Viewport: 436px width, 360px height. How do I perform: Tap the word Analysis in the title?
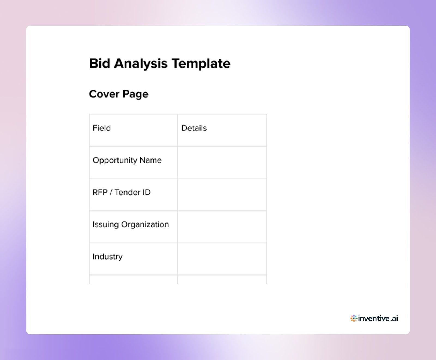pyautogui.click(x=141, y=63)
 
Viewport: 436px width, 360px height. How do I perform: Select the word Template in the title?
pyautogui.click(x=201, y=63)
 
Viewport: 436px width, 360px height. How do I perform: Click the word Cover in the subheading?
pyautogui.click(x=104, y=94)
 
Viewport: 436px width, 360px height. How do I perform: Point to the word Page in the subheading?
pyautogui.click(x=135, y=94)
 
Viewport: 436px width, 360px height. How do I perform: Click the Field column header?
pyautogui.click(x=102, y=128)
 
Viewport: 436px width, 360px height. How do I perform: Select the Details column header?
pyautogui.click(x=194, y=128)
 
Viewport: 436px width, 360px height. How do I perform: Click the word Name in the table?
pyautogui.click(x=150, y=160)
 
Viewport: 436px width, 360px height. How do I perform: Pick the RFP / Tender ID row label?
pyautogui.click(x=122, y=192)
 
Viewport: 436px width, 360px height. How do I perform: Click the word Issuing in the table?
pyautogui.click(x=105, y=224)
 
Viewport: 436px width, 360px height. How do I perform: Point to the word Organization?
pyautogui.click(x=145, y=224)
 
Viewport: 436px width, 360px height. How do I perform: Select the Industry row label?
pyautogui.click(x=108, y=257)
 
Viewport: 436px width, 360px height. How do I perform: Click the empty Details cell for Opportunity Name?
pyautogui.click(x=222, y=163)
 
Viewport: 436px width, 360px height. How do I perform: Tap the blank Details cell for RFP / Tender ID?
pyautogui.click(x=222, y=195)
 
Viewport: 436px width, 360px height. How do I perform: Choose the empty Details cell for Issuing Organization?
pyautogui.click(x=222, y=227)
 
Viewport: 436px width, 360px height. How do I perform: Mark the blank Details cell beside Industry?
pyautogui.click(x=222, y=259)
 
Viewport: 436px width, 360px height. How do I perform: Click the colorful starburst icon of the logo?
pyautogui.click(x=354, y=318)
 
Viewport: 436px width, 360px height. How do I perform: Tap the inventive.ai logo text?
pyautogui.click(x=378, y=318)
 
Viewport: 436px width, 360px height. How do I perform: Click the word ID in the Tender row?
pyautogui.click(x=146, y=192)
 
